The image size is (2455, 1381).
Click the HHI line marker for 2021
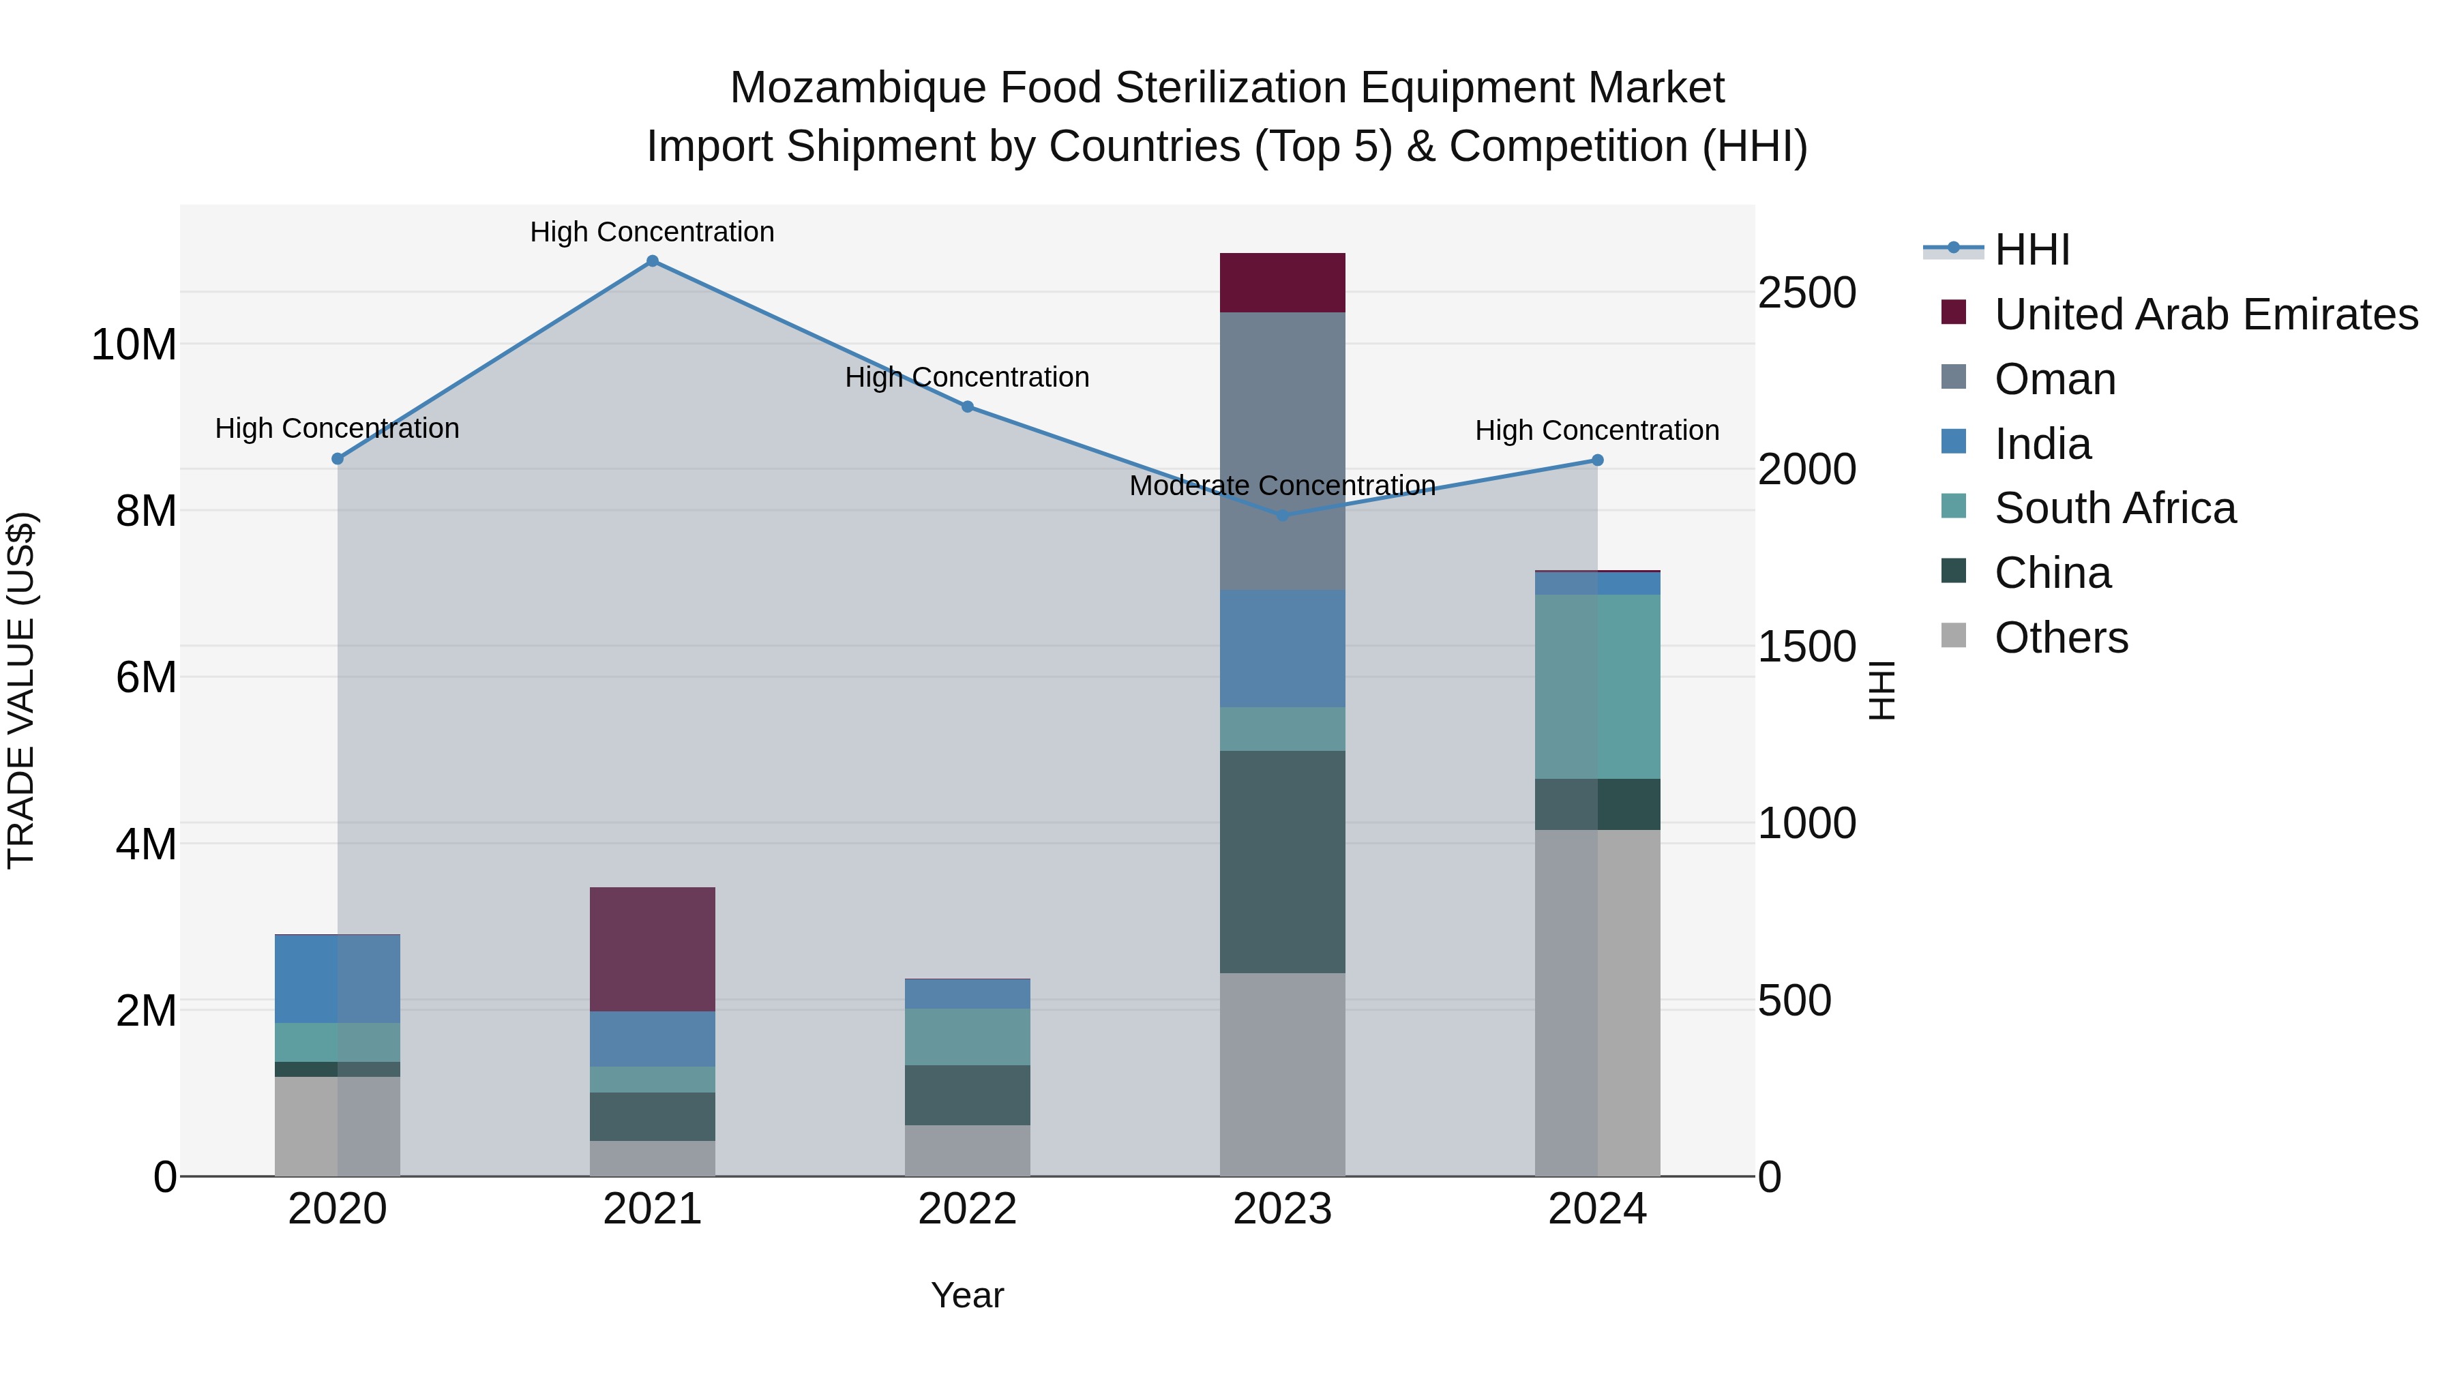652,261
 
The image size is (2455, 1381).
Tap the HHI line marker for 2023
1282,516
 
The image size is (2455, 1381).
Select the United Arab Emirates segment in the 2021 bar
652,949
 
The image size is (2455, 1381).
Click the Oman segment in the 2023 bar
1282,451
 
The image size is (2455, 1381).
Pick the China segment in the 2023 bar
1282,861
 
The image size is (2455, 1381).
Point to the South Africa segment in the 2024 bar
1597,686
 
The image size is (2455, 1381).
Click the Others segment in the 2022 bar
967,1150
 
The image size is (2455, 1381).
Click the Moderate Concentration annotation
1282,486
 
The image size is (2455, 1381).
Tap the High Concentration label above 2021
652,233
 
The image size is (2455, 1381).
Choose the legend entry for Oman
2055,379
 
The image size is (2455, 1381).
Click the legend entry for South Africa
2114,508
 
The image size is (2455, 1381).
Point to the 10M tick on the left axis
134,344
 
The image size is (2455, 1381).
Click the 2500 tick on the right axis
1806,293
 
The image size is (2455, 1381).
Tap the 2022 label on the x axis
967,1209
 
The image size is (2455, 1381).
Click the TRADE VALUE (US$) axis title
21,690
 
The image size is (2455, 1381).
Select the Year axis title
967,1295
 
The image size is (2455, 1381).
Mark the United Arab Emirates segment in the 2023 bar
1282,283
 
